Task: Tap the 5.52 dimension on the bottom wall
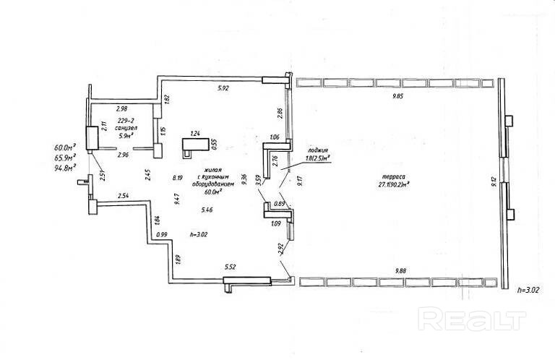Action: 231,267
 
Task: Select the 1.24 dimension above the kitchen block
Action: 194,134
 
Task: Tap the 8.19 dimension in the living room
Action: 177,176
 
